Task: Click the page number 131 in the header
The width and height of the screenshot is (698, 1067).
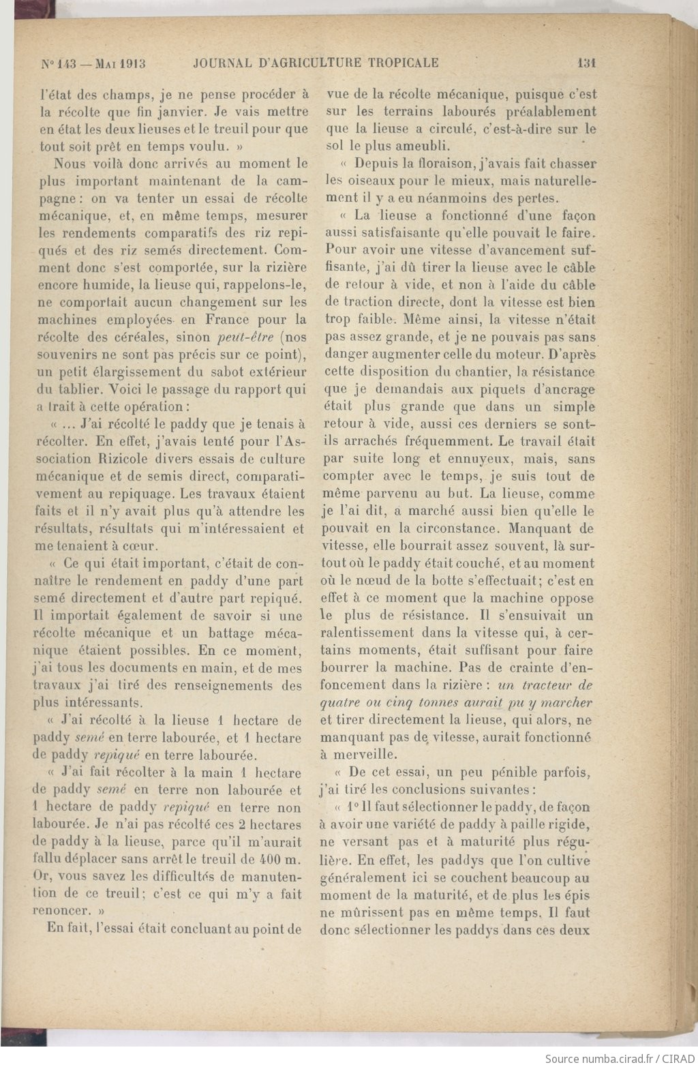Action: coord(586,63)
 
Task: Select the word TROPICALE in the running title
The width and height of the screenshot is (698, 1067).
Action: coord(403,63)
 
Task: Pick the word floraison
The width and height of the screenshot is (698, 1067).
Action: coord(448,164)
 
